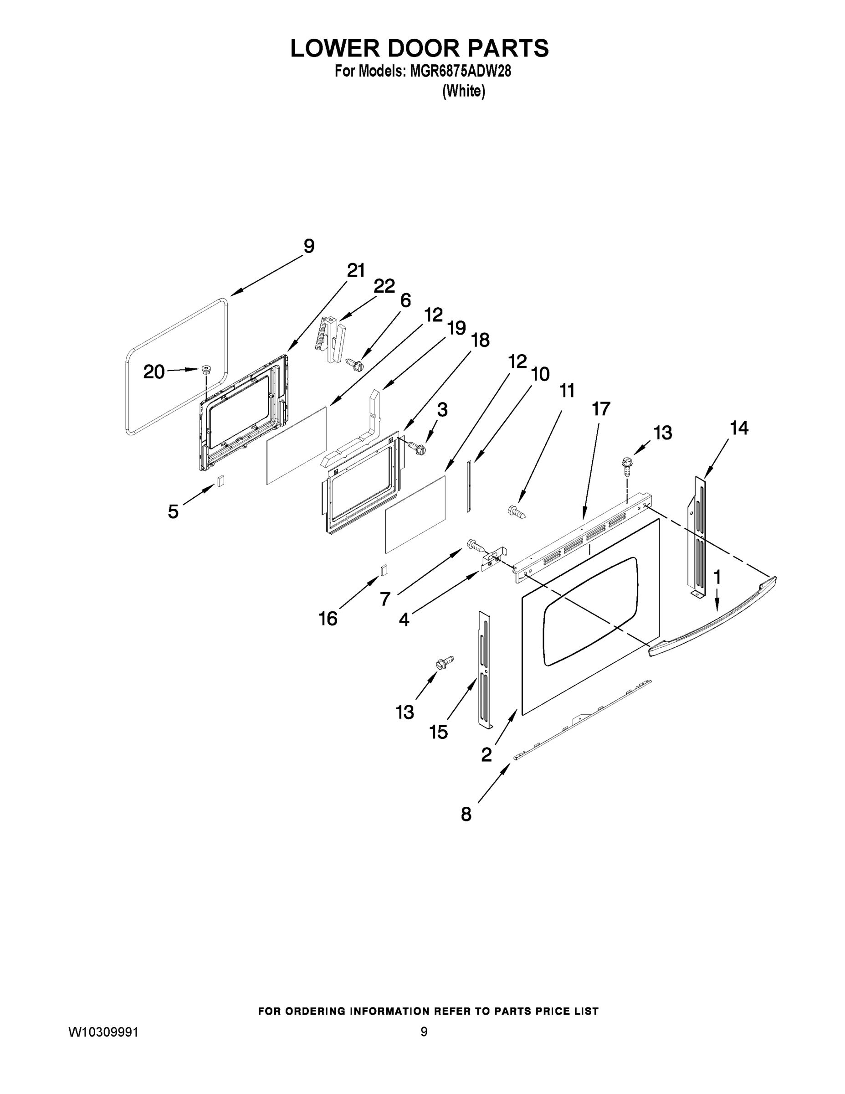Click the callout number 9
coord(309,246)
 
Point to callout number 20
coord(154,371)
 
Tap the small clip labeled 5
coord(220,480)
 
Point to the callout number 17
coord(601,409)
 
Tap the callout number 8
coord(466,814)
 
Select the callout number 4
coord(404,619)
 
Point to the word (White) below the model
coord(464,91)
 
